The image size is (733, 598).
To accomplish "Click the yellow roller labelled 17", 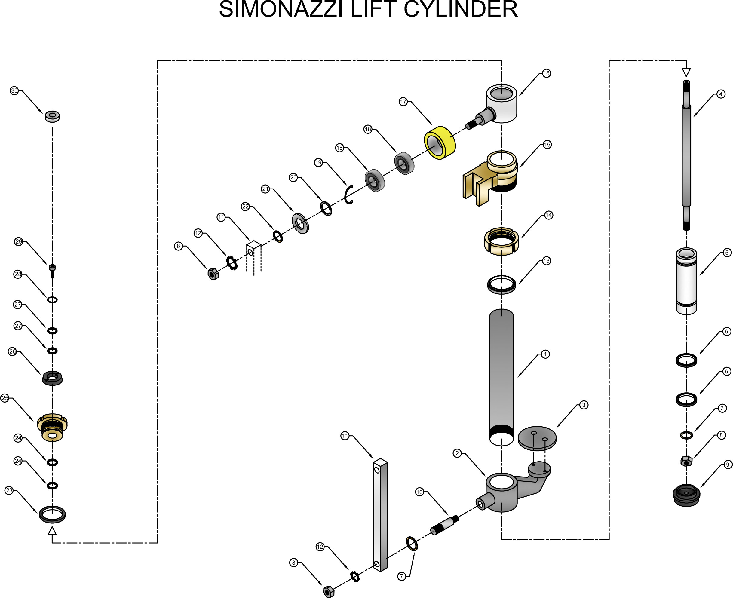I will [440, 142].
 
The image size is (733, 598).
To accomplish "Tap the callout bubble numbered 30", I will [14, 90].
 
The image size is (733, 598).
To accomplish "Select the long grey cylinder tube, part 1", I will [501, 372].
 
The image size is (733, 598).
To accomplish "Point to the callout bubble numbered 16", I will [546, 73].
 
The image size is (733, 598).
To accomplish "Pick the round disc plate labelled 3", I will [537, 438].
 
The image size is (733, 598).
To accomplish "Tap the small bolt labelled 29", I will [52, 270].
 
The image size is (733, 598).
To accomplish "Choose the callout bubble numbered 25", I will [5, 398].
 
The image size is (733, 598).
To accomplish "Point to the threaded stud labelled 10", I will [445, 525].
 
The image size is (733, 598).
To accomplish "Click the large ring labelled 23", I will [52, 515].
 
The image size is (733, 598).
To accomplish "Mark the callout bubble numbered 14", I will [549, 215].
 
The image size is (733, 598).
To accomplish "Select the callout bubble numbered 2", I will [457, 453].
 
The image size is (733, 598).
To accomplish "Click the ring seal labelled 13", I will [501, 284].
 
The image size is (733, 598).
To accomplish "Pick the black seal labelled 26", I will [52, 378].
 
